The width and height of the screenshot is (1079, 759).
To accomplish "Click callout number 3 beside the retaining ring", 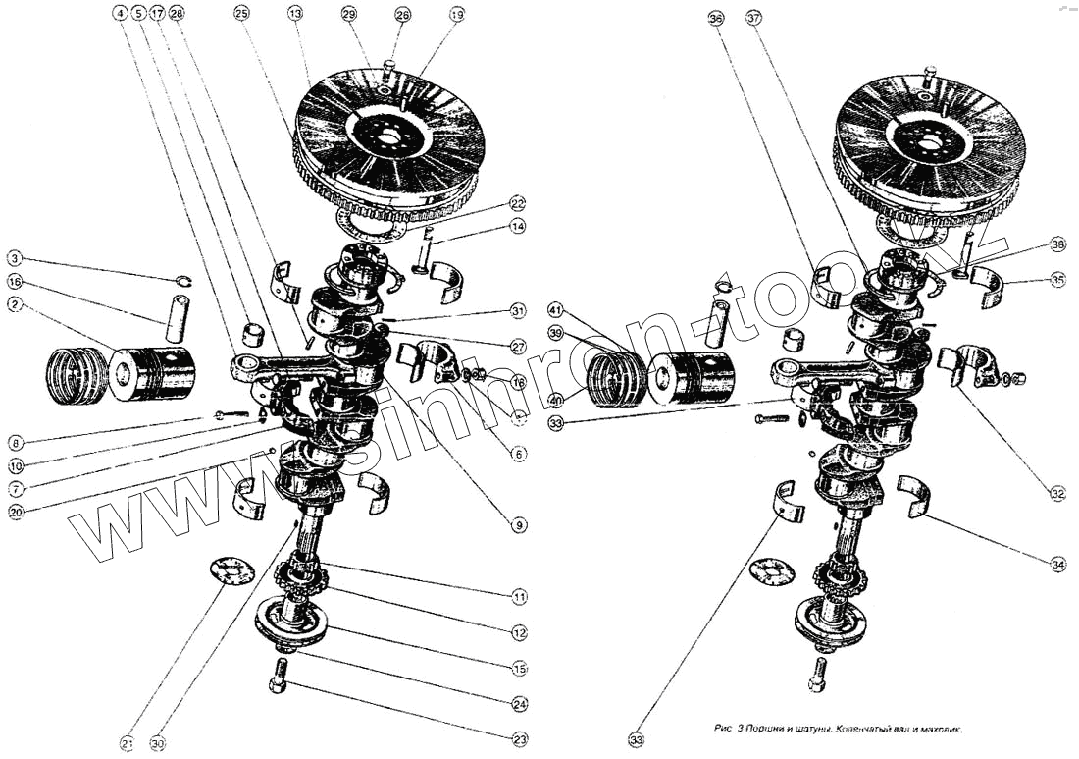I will [14, 259].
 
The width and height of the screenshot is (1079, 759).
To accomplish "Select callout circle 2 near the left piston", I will [14, 305].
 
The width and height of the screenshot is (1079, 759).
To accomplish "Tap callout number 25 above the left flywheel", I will [242, 14].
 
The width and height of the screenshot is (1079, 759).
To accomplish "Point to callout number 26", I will [402, 14].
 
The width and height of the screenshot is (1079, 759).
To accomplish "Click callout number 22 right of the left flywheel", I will [518, 203].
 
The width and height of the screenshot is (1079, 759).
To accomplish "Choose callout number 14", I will [518, 227].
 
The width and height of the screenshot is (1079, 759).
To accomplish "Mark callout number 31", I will [518, 312].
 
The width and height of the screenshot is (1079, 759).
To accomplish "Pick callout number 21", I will [127, 744].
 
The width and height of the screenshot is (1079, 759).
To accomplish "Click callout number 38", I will [1056, 244].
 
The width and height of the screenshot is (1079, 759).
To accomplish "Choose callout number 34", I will [1057, 565].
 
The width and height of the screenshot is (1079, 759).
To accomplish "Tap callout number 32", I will [1057, 494].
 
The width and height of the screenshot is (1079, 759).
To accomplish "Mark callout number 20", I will [14, 510].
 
